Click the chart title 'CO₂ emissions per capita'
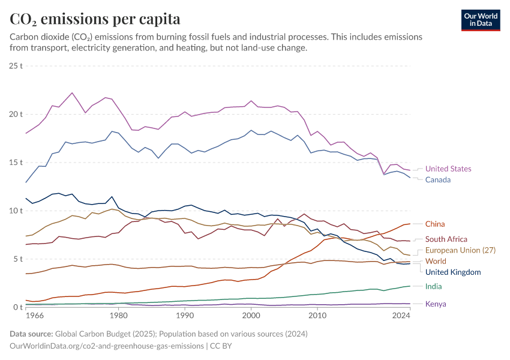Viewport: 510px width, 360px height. pyautogui.click(x=95, y=19)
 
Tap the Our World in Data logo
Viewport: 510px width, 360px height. pyautogui.click(x=480, y=20)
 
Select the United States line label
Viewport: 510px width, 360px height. pyautogui.click(x=448, y=169)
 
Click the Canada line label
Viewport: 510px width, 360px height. pyautogui.click(x=437, y=180)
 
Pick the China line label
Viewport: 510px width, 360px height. pyautogui.click(x=435, y=224)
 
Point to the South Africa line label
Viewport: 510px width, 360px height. pyautogui.click(x=446, y=239)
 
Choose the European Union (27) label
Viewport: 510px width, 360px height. pyautogui.click(x=460, y=250)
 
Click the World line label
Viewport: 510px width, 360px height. pyautogui.click(x=436, y=262)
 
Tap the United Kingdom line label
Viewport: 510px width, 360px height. pyautogui.click(x=453, y=272)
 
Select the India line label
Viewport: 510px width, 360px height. pyautogui.click(x=433, y=287)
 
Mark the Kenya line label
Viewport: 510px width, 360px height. pyautogui.click(x=436, y=304)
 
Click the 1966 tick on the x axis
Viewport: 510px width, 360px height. pyautogui.click(x=34, y=315)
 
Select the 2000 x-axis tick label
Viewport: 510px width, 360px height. pyautogui.click(x=251, y=315)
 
